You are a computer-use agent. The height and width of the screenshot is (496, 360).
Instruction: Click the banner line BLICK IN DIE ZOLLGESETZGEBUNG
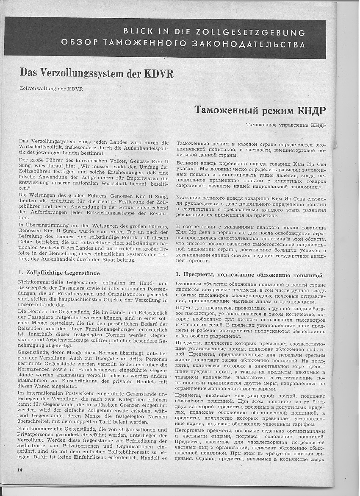point(214,32)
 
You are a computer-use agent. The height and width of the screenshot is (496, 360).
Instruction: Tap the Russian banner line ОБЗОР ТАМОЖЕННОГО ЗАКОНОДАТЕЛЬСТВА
point(183,44)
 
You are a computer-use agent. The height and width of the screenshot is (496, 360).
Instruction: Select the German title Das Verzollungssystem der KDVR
point(97,72)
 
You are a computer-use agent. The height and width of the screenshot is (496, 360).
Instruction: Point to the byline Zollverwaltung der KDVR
point(51,89)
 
